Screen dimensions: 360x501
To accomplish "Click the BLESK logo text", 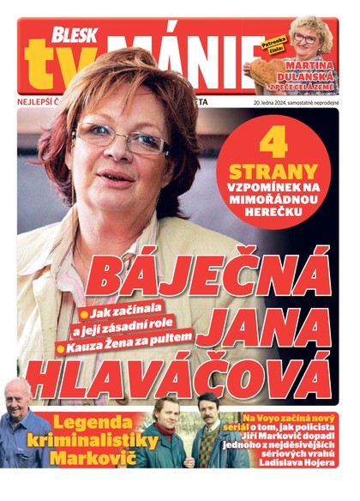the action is pos(75,33).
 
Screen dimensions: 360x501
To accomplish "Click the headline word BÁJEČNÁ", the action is pos(209,275).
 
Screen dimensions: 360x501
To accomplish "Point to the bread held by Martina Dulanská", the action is pos(257,69).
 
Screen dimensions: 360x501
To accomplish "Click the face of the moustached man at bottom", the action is pos(207,407).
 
